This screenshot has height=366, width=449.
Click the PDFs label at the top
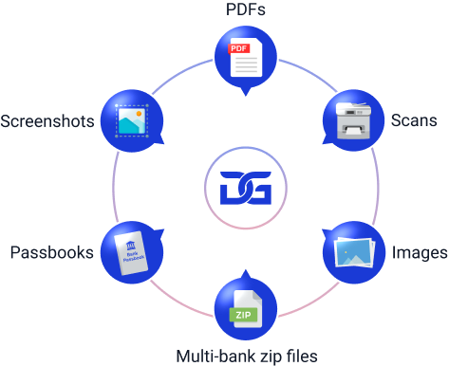pyautogui.click(x=245, y=9)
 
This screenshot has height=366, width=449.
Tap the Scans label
pyautogui.click(x=414, y=121)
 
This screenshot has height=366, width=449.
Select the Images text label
pyautogui.click(x=419, y=254)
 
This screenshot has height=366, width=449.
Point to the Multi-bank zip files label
pyautogui.click(x=246, y=357)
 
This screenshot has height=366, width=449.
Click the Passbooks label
pyautogui.click(x=50, y=253)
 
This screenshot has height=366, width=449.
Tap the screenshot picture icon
pyautogui.click(x=130, y=121)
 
